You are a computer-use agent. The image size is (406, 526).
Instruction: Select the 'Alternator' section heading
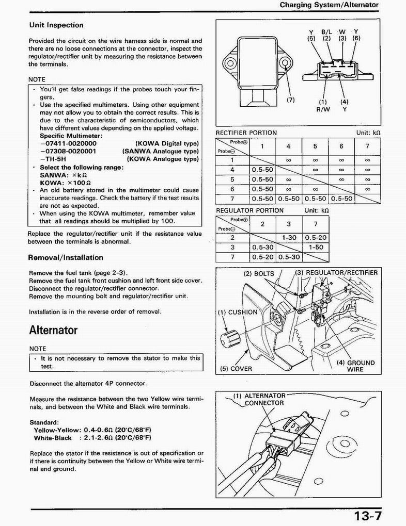[x=53, y=330]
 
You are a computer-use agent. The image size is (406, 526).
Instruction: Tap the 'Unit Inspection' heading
[x=56, y=25]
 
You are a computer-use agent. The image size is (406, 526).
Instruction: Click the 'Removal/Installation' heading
[x=66, y=257]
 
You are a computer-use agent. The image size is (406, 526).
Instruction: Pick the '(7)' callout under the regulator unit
[x=291, y=100]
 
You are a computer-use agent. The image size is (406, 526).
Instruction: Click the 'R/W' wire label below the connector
[x=322, y=109]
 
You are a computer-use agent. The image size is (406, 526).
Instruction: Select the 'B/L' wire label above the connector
[x=326, y=31]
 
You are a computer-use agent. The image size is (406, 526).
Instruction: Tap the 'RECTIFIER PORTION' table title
[x=246, y=133]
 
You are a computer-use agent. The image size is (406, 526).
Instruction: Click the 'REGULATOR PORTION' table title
[x=249, y=210]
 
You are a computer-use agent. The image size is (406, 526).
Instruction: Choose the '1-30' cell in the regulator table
[x=289, y=238]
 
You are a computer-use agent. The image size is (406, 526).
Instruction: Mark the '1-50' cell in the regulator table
[x=316, y=247]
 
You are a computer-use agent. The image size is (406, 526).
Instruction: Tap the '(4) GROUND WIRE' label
[x=355, y=366]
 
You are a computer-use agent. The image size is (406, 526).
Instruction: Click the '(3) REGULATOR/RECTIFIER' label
[x=336, y=273]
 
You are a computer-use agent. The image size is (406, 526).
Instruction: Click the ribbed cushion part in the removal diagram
[x=228, y=339]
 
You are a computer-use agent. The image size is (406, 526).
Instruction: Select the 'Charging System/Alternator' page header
[x=329, y=5]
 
